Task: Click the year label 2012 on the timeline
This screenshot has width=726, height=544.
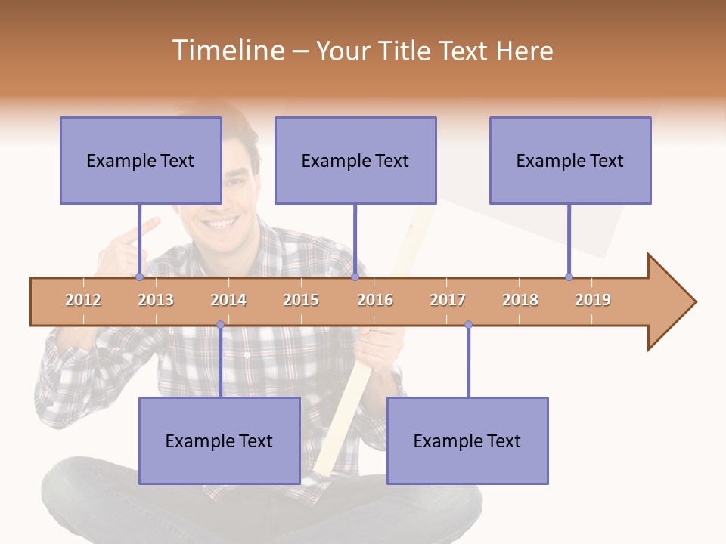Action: (83, 300)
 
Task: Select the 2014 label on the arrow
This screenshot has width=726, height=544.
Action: (228, 300)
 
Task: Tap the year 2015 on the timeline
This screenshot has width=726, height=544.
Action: (301, 300)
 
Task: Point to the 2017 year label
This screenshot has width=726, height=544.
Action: (448, 300)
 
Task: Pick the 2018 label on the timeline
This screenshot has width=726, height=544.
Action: (520, 300)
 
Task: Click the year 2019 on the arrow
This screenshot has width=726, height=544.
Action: (593, 300)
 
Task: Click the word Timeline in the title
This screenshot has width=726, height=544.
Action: (228, 51)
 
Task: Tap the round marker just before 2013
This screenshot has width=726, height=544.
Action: (139, 277)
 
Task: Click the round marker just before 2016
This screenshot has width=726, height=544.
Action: (355, 277)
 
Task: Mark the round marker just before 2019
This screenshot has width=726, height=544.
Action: (569, 277)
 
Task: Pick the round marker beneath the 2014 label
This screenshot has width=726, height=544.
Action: (220, 325)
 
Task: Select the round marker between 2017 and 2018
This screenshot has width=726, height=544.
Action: (468, 325)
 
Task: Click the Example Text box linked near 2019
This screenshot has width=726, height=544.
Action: (570, 160)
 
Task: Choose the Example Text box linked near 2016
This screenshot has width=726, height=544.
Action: (355, 160)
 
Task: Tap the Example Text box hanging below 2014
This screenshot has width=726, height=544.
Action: (219, 440)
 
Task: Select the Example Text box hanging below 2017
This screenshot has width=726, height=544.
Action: (467, 440)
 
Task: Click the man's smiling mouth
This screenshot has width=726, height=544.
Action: (222, 224)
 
